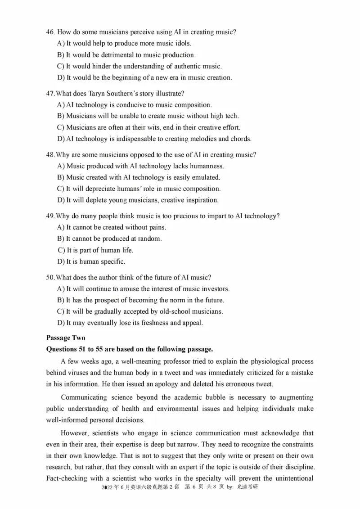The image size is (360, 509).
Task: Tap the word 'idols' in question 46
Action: tap(181, 44)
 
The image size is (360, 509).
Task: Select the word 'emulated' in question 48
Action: tap(206, 177)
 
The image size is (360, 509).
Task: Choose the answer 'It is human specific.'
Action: tap(96, 261)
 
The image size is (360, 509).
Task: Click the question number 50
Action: tap(50, 277)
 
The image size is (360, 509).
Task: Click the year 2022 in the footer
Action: tap(110, 487)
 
